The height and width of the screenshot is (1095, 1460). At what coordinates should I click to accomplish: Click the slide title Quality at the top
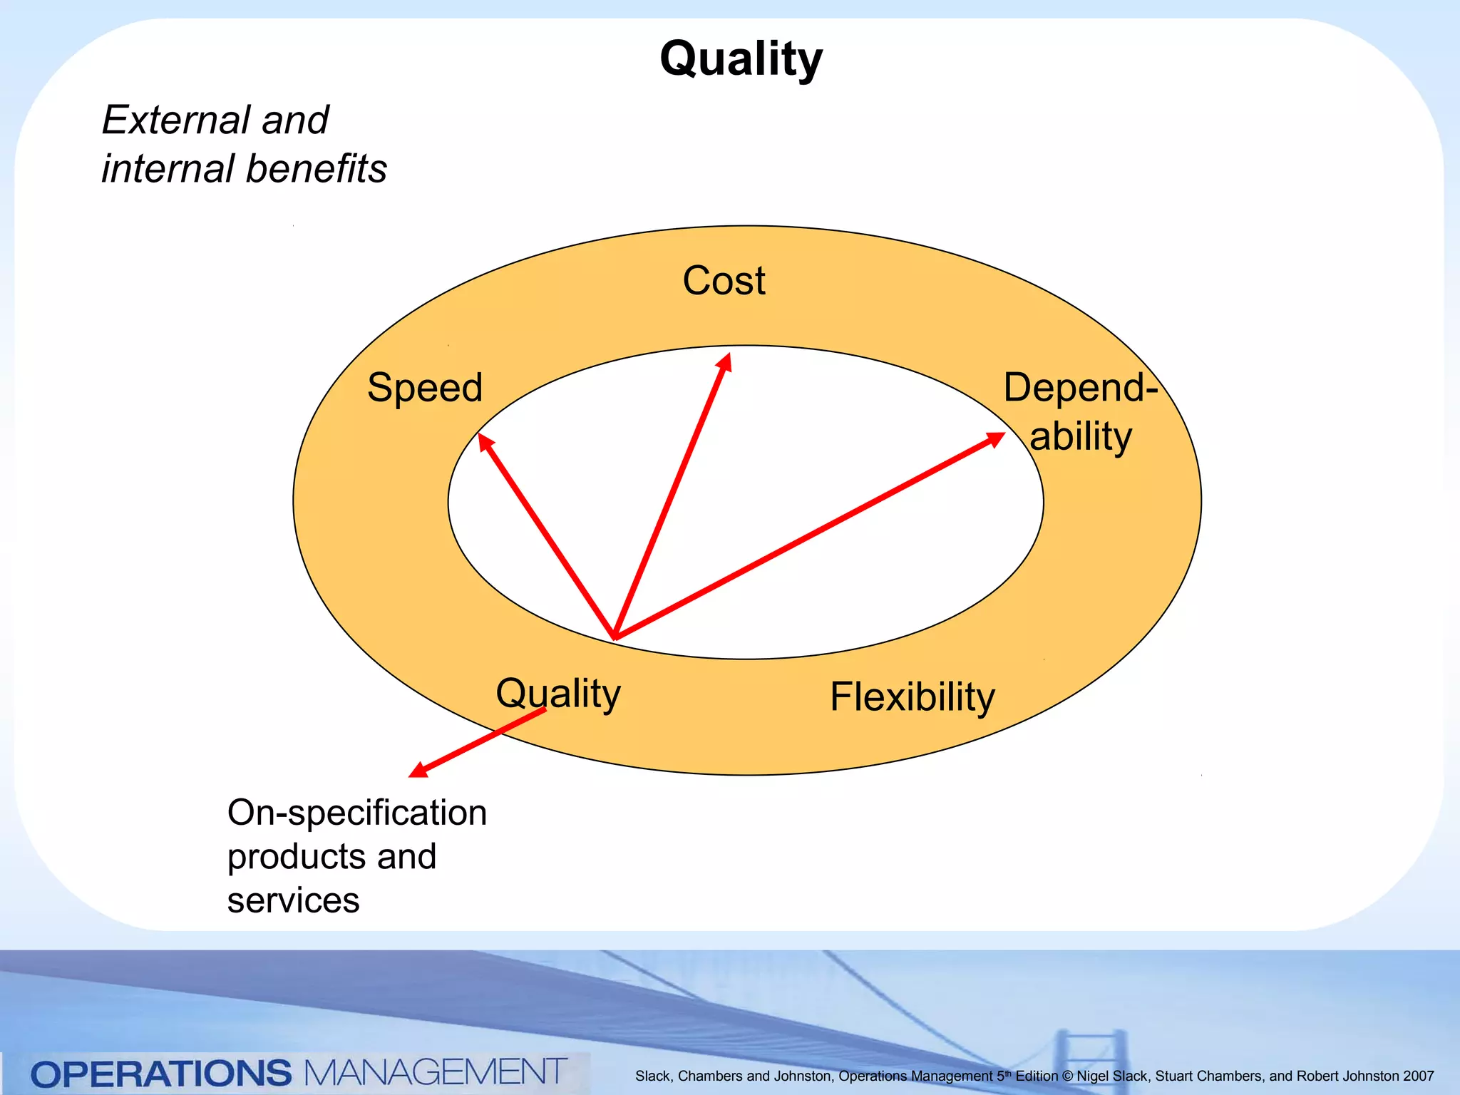[741, 58]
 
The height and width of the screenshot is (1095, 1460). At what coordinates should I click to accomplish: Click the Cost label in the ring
[724, 280]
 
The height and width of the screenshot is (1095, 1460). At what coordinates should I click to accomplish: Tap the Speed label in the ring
[425, 388]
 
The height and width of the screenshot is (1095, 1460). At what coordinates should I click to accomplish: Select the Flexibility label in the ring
[912, 696]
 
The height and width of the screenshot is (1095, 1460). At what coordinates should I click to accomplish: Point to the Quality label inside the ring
[558, 693]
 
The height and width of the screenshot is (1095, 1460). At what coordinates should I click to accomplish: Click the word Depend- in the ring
[1080, 388]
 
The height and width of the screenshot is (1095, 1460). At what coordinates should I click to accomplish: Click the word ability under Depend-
[1081, 436]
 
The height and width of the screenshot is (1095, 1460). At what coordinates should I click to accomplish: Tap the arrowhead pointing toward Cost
[725, 361]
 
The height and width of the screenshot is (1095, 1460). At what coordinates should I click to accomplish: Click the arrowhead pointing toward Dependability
[995, 438]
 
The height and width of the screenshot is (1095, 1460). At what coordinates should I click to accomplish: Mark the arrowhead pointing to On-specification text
[418, 771]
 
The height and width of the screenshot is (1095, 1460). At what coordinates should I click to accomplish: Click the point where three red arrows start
[615, 637]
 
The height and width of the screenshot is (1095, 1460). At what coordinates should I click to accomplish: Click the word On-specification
[356, 813]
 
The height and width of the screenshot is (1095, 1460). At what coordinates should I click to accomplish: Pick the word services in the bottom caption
[293, 900]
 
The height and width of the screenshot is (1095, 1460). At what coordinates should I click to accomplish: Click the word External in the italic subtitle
[175, 120]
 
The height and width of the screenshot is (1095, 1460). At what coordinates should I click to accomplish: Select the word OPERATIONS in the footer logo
[161, 1074]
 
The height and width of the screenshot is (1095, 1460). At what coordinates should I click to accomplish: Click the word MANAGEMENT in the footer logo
[436, 1072]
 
